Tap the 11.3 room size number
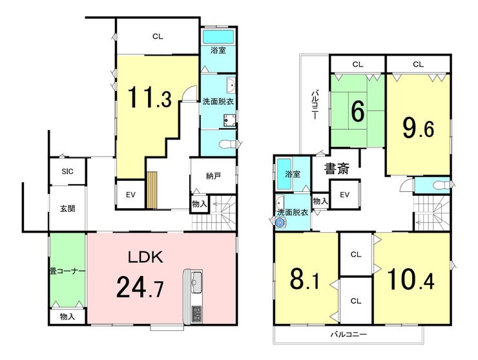coord(149,98)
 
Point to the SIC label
coord(67,171)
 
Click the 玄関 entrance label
coord(67,208)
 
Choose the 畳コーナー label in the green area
coord(67,271)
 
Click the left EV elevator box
coord(130,193)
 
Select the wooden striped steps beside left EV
coord(152,191)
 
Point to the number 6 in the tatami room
coord(357,112)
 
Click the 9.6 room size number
coord(419,127)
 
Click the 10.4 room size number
coord(411,279)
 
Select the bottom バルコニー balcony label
coord(349,335)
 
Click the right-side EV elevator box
coord(344,195)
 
